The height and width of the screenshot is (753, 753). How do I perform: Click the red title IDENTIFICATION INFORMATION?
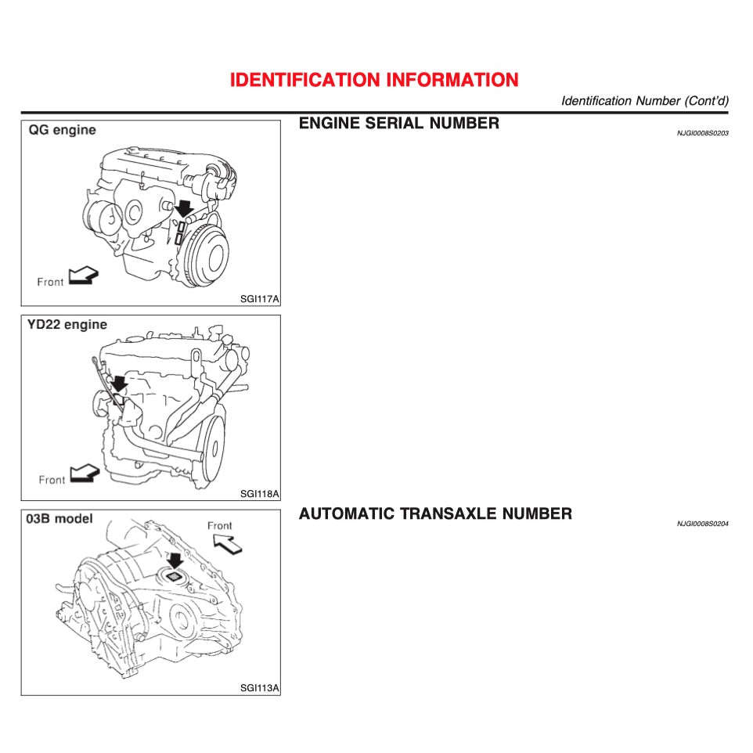click(374, 80)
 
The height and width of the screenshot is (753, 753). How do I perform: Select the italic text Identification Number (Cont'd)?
click(644, 101)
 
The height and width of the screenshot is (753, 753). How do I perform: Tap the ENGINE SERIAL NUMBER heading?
click(398, 123)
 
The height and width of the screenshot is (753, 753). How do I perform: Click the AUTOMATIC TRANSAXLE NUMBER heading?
click(435, 514)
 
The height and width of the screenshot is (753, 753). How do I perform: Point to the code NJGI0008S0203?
click(702, 133)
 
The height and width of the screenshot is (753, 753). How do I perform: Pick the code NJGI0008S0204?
click(702, 524)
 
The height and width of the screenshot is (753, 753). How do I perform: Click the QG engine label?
click(63, 130)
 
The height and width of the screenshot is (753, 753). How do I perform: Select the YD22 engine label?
click(68, 325)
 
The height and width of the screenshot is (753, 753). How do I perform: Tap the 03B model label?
click(59, 519)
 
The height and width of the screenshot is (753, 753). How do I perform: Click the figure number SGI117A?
click(259, 298)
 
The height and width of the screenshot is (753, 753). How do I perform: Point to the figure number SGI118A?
click(259, 494)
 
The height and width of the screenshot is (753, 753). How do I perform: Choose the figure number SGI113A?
click(259, 689)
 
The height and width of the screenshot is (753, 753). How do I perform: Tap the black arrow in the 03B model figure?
click(175, 560)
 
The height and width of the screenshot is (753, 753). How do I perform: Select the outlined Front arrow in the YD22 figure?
click(85, 473)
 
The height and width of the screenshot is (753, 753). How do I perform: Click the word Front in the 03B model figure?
click(220, 525)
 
